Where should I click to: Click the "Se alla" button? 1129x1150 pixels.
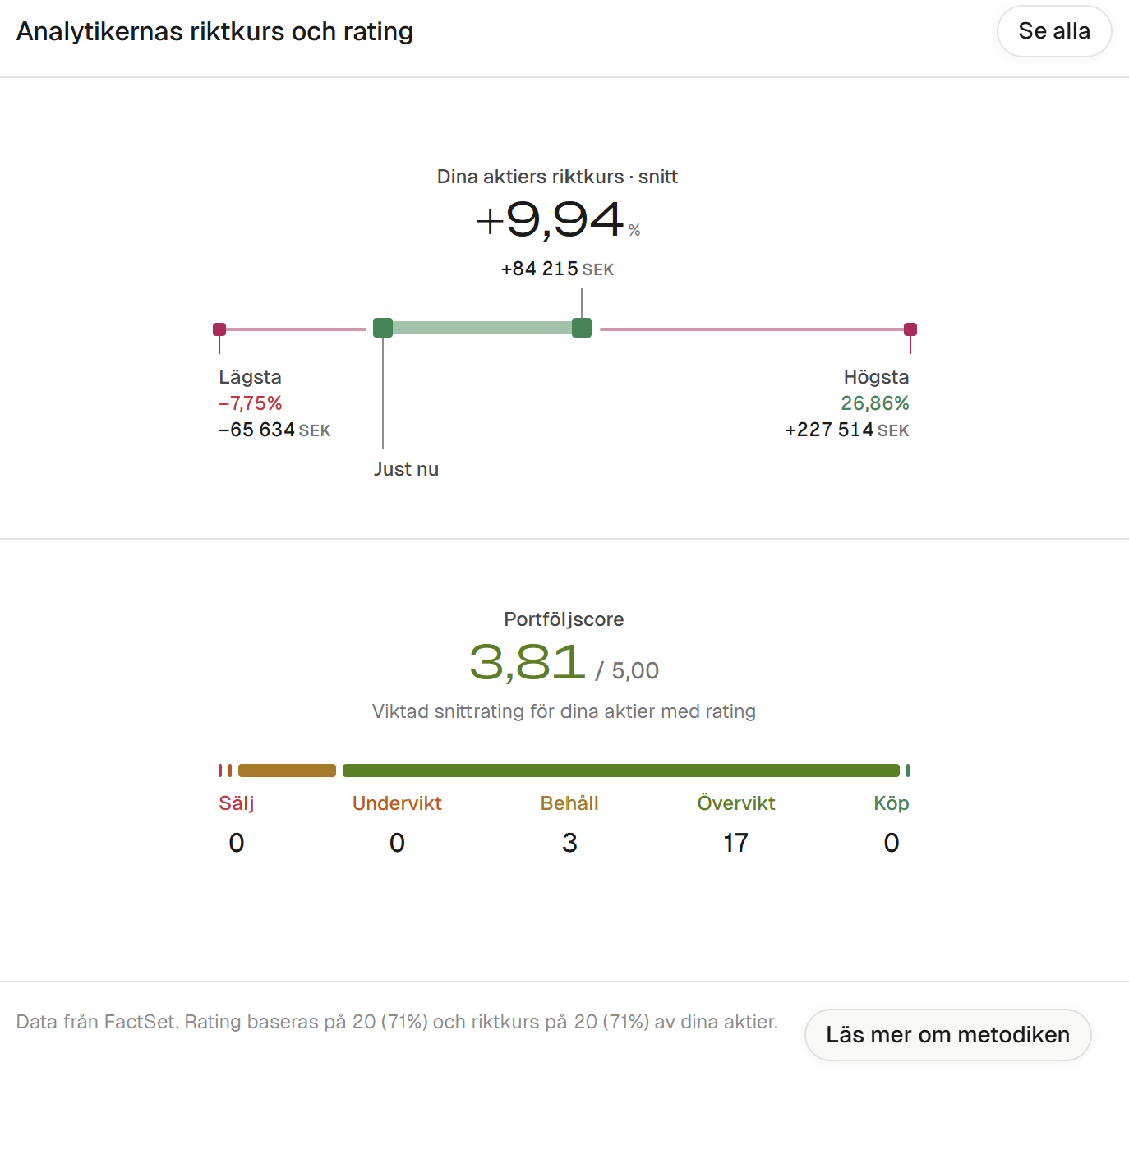(1054, 31)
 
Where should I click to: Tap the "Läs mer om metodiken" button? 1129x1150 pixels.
(947, 1034)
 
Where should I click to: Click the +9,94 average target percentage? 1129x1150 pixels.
(558, 220)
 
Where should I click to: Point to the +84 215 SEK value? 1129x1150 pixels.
(557, 269)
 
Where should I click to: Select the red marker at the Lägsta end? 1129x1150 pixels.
(219, 329)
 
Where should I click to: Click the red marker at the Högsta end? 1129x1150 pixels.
(910, 329)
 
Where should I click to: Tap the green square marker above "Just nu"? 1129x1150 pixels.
(383, 328)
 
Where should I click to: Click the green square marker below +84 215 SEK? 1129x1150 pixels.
(582, 328)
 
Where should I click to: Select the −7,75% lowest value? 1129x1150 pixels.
(251, 403)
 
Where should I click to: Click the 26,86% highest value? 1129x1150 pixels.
(874, 403)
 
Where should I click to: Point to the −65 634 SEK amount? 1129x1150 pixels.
(274, 430)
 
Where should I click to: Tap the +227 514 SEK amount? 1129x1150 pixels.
(846, 430)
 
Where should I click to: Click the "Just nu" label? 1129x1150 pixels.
(406, 469)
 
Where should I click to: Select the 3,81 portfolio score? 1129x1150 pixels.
(528, 662)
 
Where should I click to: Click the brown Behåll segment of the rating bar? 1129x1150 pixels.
(287, 770)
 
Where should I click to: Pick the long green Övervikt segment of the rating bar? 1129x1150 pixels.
(621, 770)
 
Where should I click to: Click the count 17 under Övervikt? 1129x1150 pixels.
(735, 843)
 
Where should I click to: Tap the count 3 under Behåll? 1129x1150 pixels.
(569, 843)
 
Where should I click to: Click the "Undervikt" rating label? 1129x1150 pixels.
(397, 803)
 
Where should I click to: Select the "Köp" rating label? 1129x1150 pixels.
(891, 803)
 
